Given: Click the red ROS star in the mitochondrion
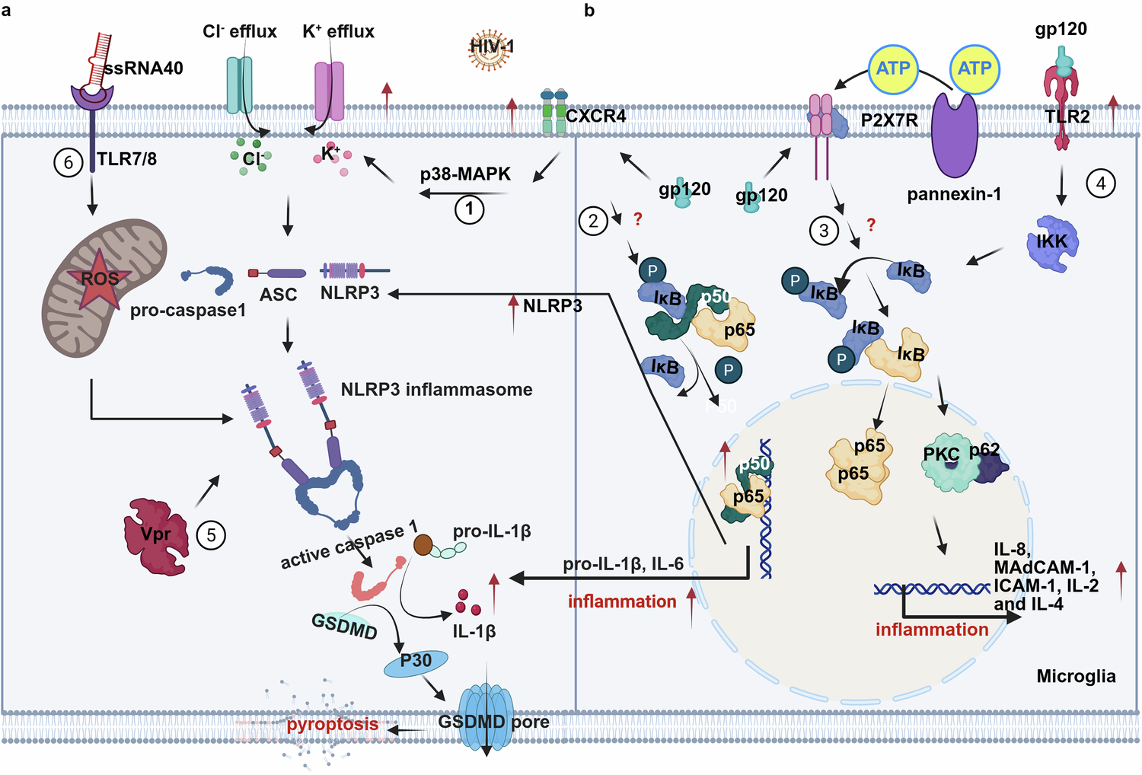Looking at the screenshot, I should click(x=100, y=279).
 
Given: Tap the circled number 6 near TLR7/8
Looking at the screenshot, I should click(x=69, y=162).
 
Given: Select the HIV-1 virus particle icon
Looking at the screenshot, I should click(x=491, y=47).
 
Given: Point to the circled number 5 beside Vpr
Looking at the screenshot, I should click(x=211, y=535).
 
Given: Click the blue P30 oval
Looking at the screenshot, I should click(x=416, y=662).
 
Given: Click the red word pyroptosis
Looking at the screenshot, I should click(x=332, y=724).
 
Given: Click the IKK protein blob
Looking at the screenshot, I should click(x=1052, y=242).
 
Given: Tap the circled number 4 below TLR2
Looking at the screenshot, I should click(x=1100, y=183).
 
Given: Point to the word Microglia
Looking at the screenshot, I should click(x=1076, y=676).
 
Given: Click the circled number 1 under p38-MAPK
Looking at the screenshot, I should click(x=469, y=209).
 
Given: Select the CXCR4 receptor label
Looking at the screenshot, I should click(x=595, y=116).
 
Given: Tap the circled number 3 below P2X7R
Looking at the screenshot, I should click(x=824, y=230).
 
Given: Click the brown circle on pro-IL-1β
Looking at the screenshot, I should click(x=423, y=544).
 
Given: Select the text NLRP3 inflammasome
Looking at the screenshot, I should click(x=436, y=390).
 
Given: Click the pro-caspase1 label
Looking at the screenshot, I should click(x=187, y=311).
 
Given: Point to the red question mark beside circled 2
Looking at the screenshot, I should click(x=637, y=219).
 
